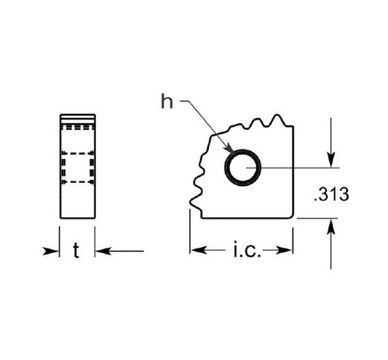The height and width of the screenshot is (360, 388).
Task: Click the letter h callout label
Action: tap(167, 101)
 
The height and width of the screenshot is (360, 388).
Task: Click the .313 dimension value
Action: tap(331, 195)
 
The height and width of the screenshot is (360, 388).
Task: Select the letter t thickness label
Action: tap(76, 251)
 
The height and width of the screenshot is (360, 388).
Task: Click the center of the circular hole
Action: tap(242, 168)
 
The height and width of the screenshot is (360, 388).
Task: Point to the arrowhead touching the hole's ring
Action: tap(229, 149)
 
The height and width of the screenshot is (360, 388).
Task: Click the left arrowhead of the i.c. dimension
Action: tap(199, 250)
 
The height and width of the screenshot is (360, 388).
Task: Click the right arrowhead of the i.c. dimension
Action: tap(285, 250)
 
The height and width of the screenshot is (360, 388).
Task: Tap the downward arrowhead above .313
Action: tap(330, 160)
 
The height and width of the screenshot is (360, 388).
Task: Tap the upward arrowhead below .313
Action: tap(330, 227)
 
